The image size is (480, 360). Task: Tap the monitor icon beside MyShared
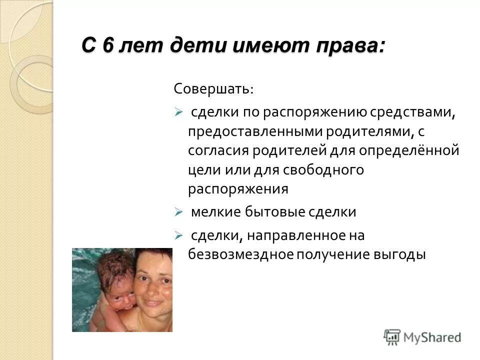(392, 336)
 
